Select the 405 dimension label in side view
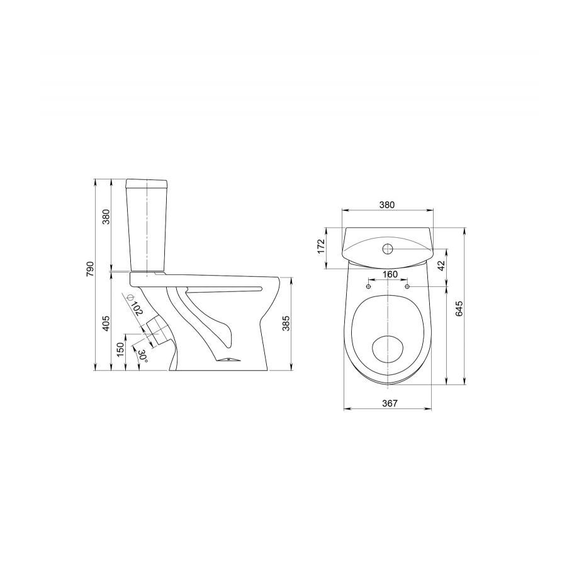click(x=106, y=323)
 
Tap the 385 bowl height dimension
click(x=286, y=323)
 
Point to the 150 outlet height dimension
click(x=120, y=349)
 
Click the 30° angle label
click(x=143, y=355)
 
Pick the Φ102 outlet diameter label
click(x=135, y=304)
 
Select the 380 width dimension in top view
click(x=387, y=205)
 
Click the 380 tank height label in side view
click(x=106, y=218)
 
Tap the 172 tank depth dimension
click(x=321, y=246)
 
